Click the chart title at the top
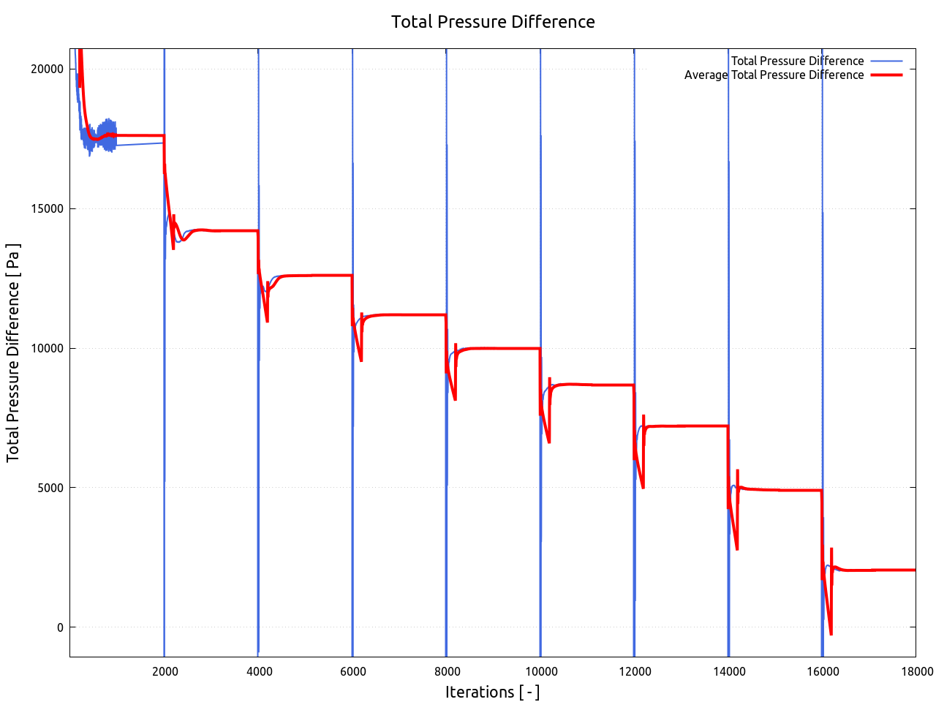tap(493, 22)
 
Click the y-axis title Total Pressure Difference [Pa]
tap(13, 352)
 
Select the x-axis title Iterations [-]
tap(492, 692)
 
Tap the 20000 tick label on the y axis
tap(48, 69)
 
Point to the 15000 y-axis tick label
tap(48, 208)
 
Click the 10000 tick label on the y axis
tap(48, 348)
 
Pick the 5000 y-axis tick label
tap(50, 488)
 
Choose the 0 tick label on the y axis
tap(61, 627)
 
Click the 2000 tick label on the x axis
tap(165, 672)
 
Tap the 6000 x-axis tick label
tap(352, 672)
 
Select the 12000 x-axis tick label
tap(634, 672)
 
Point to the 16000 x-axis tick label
tap(822, 672)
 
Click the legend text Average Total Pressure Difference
tap(774, 75)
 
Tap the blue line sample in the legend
tap(886, 61)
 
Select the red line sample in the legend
tap(886, 75)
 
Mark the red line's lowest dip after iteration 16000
tap(831, 633)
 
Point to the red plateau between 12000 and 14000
tap(687, 426)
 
